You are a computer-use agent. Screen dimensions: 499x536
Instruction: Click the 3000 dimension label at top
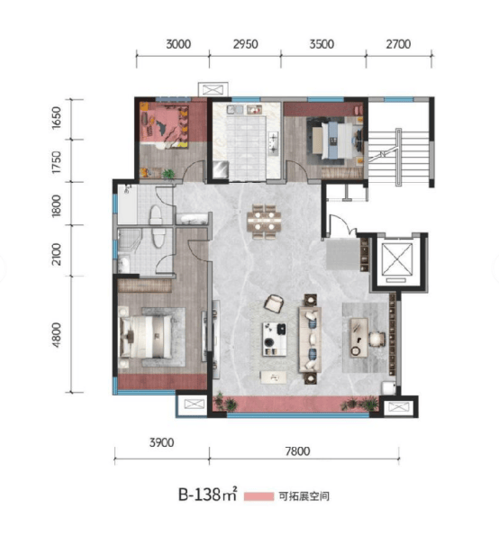(x=178, y=44)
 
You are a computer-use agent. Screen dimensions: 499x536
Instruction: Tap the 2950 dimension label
(x=245, y=44)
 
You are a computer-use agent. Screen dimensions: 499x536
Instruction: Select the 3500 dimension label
(x=322, y=44)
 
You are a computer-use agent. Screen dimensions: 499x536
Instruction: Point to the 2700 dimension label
(x=398, y=44)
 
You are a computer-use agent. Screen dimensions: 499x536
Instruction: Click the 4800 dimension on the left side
(x=56, y=334)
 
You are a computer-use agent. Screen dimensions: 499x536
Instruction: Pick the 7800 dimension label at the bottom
(x=298, y=451)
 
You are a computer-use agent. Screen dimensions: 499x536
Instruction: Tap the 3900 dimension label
(x=161, y=442)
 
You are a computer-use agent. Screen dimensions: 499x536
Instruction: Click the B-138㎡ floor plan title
(x=207, y=495)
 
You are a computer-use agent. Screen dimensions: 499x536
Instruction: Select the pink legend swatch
(x=259, y=496)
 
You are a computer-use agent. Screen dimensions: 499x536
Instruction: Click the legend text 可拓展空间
(x=304, y=496)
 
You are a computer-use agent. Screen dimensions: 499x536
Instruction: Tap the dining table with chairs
(x=264, y=222)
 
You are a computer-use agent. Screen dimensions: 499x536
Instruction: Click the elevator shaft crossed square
(x=397, y=259)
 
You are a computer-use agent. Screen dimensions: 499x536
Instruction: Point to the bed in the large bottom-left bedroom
(x=145, y=337)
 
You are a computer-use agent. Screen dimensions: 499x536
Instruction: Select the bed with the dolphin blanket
(x=165, y=125)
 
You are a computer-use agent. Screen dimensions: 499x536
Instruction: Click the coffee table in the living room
(x=274, y=339)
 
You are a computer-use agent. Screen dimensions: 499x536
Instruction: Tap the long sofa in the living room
(x=310, y=339)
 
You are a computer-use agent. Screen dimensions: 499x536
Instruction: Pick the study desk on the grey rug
(x=358, y=338)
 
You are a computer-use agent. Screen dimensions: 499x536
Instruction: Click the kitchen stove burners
(x=274, y=143)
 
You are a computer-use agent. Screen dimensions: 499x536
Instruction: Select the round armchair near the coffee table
(x=274, y=304)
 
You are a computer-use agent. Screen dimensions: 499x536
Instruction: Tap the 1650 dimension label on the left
(x=56, y=118)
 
